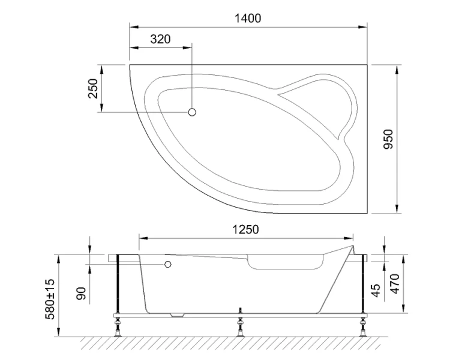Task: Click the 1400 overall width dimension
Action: tap(247, 18)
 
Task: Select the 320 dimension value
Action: tap(160, 40)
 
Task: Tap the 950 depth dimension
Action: tap(388, 139)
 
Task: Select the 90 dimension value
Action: tap(82, 293)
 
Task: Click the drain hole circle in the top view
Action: tap(193, 112)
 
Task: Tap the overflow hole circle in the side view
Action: tap(169, 265)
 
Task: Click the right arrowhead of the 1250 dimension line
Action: tap(350, 238)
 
